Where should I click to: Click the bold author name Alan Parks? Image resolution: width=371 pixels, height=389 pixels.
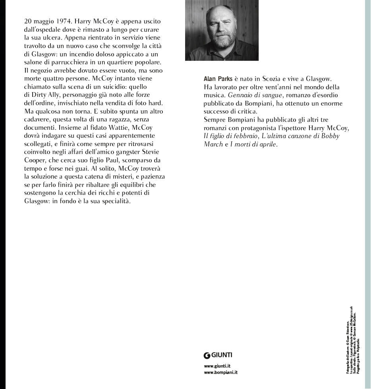218,79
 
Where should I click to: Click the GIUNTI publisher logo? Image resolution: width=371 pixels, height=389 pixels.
218,355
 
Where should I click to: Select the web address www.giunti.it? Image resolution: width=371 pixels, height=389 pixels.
217,366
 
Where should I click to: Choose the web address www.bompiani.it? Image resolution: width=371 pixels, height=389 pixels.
221,372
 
